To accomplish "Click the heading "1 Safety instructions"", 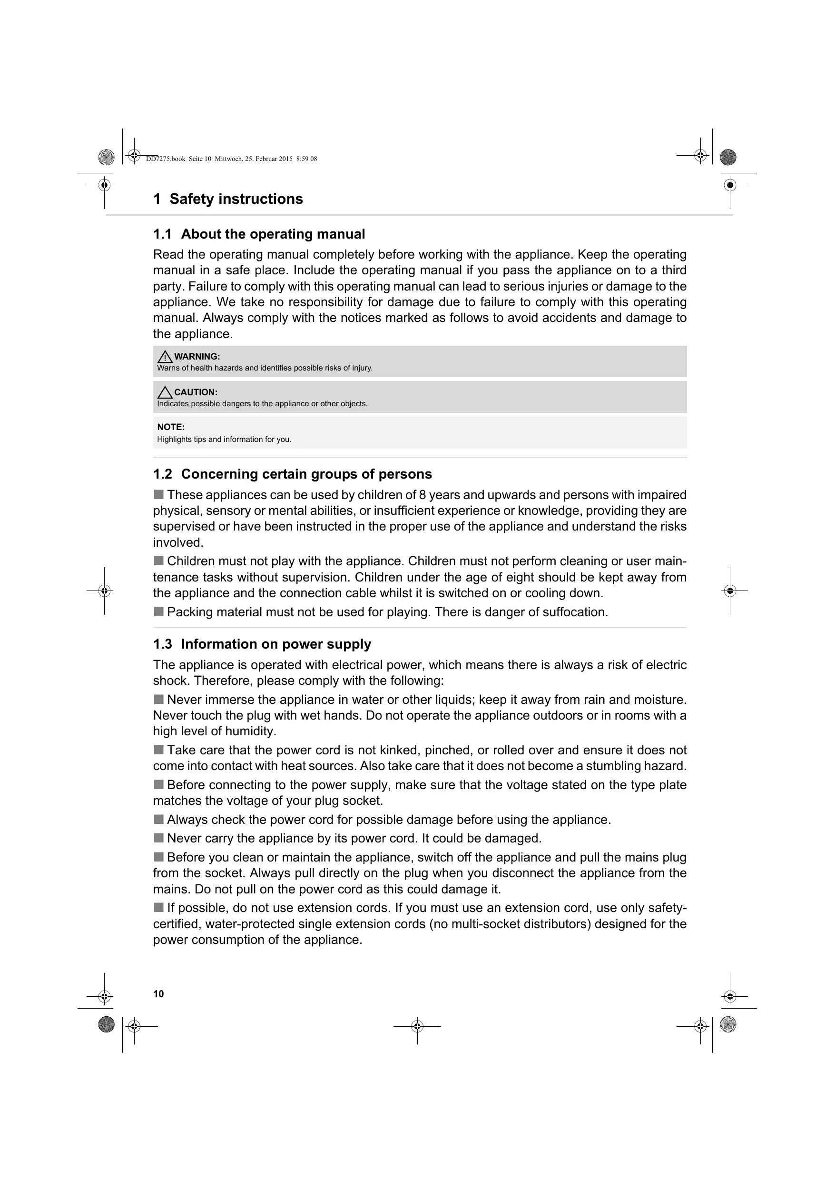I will pos(228,199).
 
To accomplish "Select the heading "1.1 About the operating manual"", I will pos(259,234).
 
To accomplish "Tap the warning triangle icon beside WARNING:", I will pos(165,356).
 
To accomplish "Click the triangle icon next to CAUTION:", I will pos(165,392).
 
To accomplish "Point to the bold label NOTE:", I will pos(171,427).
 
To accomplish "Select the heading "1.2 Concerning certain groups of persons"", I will pos(292,474).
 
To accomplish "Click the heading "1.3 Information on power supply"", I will pos(262,644).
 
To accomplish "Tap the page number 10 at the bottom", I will pos(158,994).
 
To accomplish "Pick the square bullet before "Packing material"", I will pos(158,611).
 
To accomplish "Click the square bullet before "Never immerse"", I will pos(158,699).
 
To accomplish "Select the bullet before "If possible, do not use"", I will pos(158,907).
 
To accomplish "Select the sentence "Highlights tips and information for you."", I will pos(224,440).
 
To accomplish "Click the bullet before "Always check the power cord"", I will pos(158,819).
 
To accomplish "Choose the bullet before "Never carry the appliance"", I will pos(158,838).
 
